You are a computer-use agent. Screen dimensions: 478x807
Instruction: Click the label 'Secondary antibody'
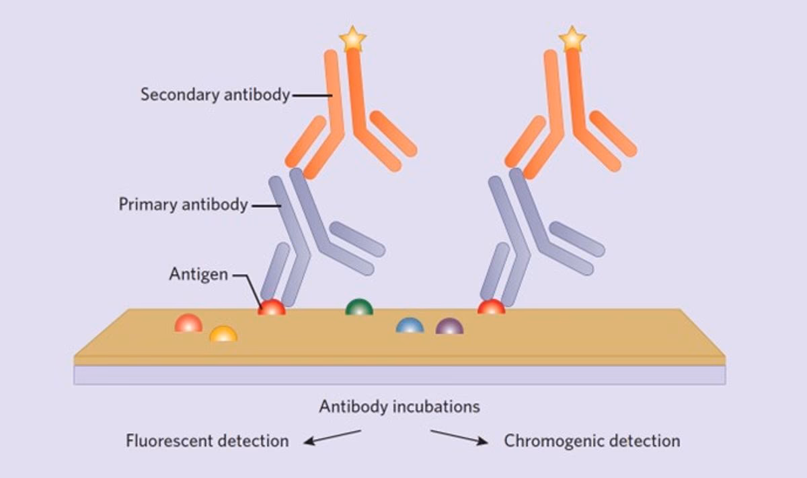coord(215,94)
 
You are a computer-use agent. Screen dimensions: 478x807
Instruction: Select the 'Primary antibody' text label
coord(183,204)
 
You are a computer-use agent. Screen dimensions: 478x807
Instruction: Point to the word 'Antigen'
coord(198,275)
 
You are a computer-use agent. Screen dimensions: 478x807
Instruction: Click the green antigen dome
coord(359,308)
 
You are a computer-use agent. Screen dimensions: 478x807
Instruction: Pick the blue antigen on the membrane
coord(410,326)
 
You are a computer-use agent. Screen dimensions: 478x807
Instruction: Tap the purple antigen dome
coord(449,327)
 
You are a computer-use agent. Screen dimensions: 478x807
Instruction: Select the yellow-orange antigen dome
coord(223,334)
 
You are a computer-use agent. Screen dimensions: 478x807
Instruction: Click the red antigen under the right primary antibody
coord(492,308)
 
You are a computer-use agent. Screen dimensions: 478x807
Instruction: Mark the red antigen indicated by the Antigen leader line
coord(272,308)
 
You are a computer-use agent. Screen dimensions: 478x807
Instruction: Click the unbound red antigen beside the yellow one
coord(188,324)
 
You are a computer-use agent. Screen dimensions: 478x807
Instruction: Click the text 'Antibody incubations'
coord(399,407)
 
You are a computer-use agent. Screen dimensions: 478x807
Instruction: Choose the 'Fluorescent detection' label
coord(207,441)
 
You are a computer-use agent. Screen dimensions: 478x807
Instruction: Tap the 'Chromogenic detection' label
coord(592,441)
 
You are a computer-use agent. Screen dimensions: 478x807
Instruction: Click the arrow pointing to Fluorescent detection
coord(332,437)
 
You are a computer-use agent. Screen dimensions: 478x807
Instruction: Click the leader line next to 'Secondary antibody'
coord(311,95)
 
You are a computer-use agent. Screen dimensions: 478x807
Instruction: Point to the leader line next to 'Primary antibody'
coord(266,205)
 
